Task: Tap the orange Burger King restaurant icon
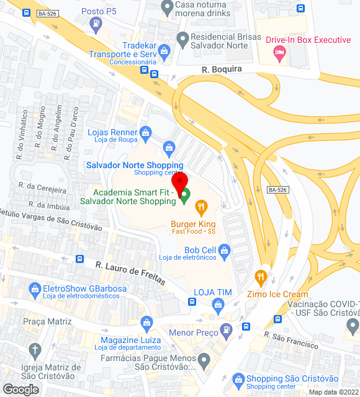pyautogui.click(x=201, y=207)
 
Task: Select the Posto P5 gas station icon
pyautogui.click(x=95, y=24)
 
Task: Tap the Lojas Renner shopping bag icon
pyautogui.click(x=145, y=132)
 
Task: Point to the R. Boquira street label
pyautogui.click(x=222, y=69)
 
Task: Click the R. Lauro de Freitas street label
pyautogui.click(x=130, y=273)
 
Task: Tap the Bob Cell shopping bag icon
pyautogui.click(x=224, y=251)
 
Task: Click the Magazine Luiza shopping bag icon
pyautogui.click(x=146, y=322)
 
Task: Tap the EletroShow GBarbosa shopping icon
pyautogui.click(x=34, y=289)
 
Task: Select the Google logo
pyautogui.click(x=20, y=389)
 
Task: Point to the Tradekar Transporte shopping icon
pyautogui.click(x=164, y=50)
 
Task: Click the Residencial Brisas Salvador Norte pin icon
pyautogui.click(x=182, y=39)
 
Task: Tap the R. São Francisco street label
pyautogui.click(x=290, y=340)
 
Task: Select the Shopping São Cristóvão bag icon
pyautogui.click(x=237, y=379)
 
